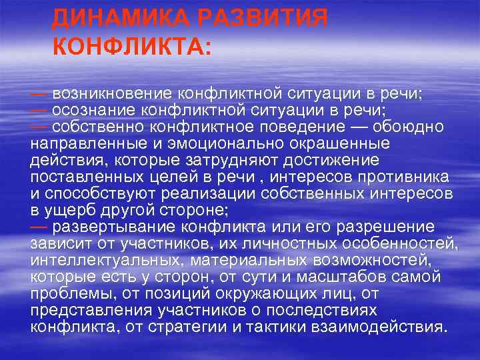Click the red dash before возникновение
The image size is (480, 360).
coord(39,93)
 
